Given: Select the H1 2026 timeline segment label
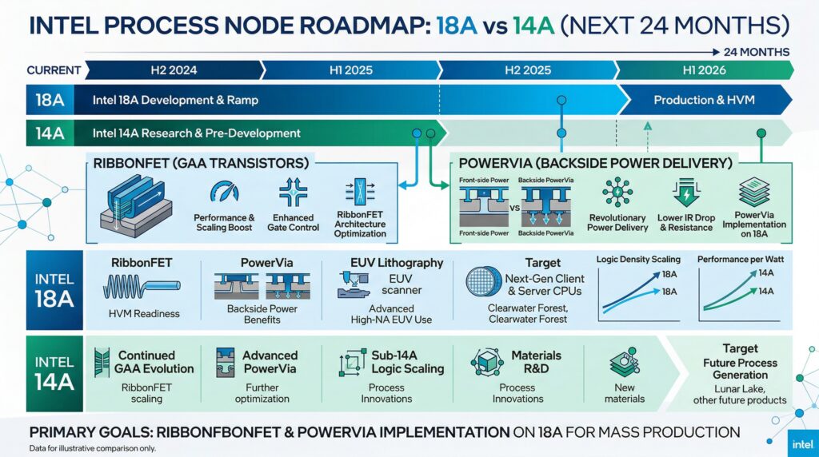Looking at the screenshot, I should (704, 70).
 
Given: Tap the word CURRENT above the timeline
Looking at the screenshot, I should (53, 70).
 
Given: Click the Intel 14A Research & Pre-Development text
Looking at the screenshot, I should (196, 133).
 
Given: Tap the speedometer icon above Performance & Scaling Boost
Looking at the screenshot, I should (223, 193).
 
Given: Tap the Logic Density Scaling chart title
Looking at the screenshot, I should (638, 260).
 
